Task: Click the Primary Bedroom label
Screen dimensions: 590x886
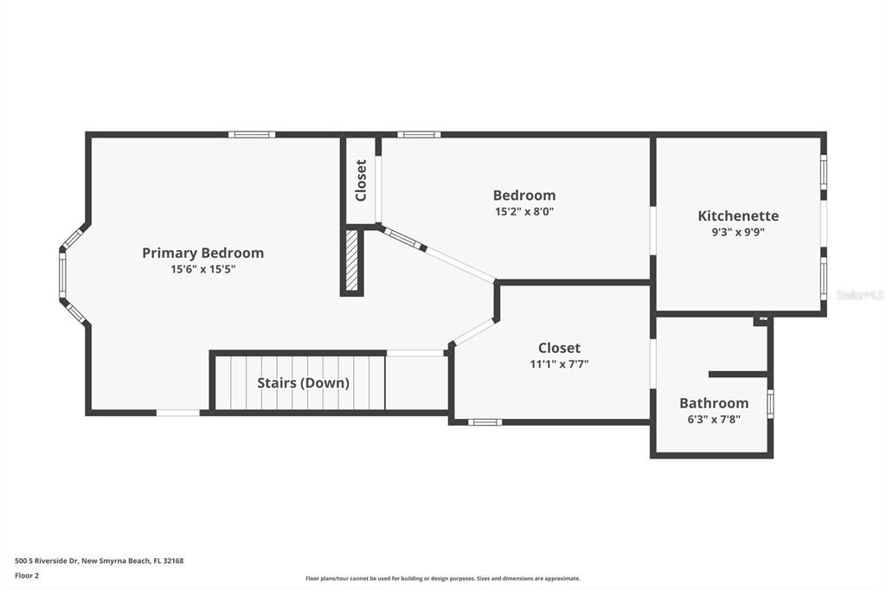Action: (x=202, y=253)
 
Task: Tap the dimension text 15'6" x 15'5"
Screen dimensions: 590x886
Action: (x=202, y=269)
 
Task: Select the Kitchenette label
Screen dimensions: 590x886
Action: (x=738, y=215)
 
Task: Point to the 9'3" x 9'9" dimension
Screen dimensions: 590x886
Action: (x=738, y=232)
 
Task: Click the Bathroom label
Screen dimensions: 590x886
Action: (x=713, y=403)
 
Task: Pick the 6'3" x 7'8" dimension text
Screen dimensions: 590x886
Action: (x=713, y=420)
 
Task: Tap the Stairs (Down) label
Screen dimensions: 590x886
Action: (x=303, y=382)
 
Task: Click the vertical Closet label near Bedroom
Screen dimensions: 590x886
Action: (x=361, y=180)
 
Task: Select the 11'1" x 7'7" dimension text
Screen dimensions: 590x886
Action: (x=559, y=364)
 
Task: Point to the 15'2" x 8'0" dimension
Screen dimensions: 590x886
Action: (x=523, y=211)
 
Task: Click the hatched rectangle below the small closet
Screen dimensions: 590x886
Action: (x=352, y=260)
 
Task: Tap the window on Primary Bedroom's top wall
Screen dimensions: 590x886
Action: (x=252, y=134)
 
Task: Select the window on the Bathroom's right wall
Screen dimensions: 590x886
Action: (x=770, y=404)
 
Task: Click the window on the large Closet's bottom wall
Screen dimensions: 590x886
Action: (x=485, y=422)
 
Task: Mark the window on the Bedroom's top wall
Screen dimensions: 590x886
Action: (x=419, y=134)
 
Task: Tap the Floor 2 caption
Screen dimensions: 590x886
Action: (x=27, y=575)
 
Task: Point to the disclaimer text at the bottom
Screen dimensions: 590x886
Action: (x=442, y=579)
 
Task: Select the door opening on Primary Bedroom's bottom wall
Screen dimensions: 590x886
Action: (x=178, y=413)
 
